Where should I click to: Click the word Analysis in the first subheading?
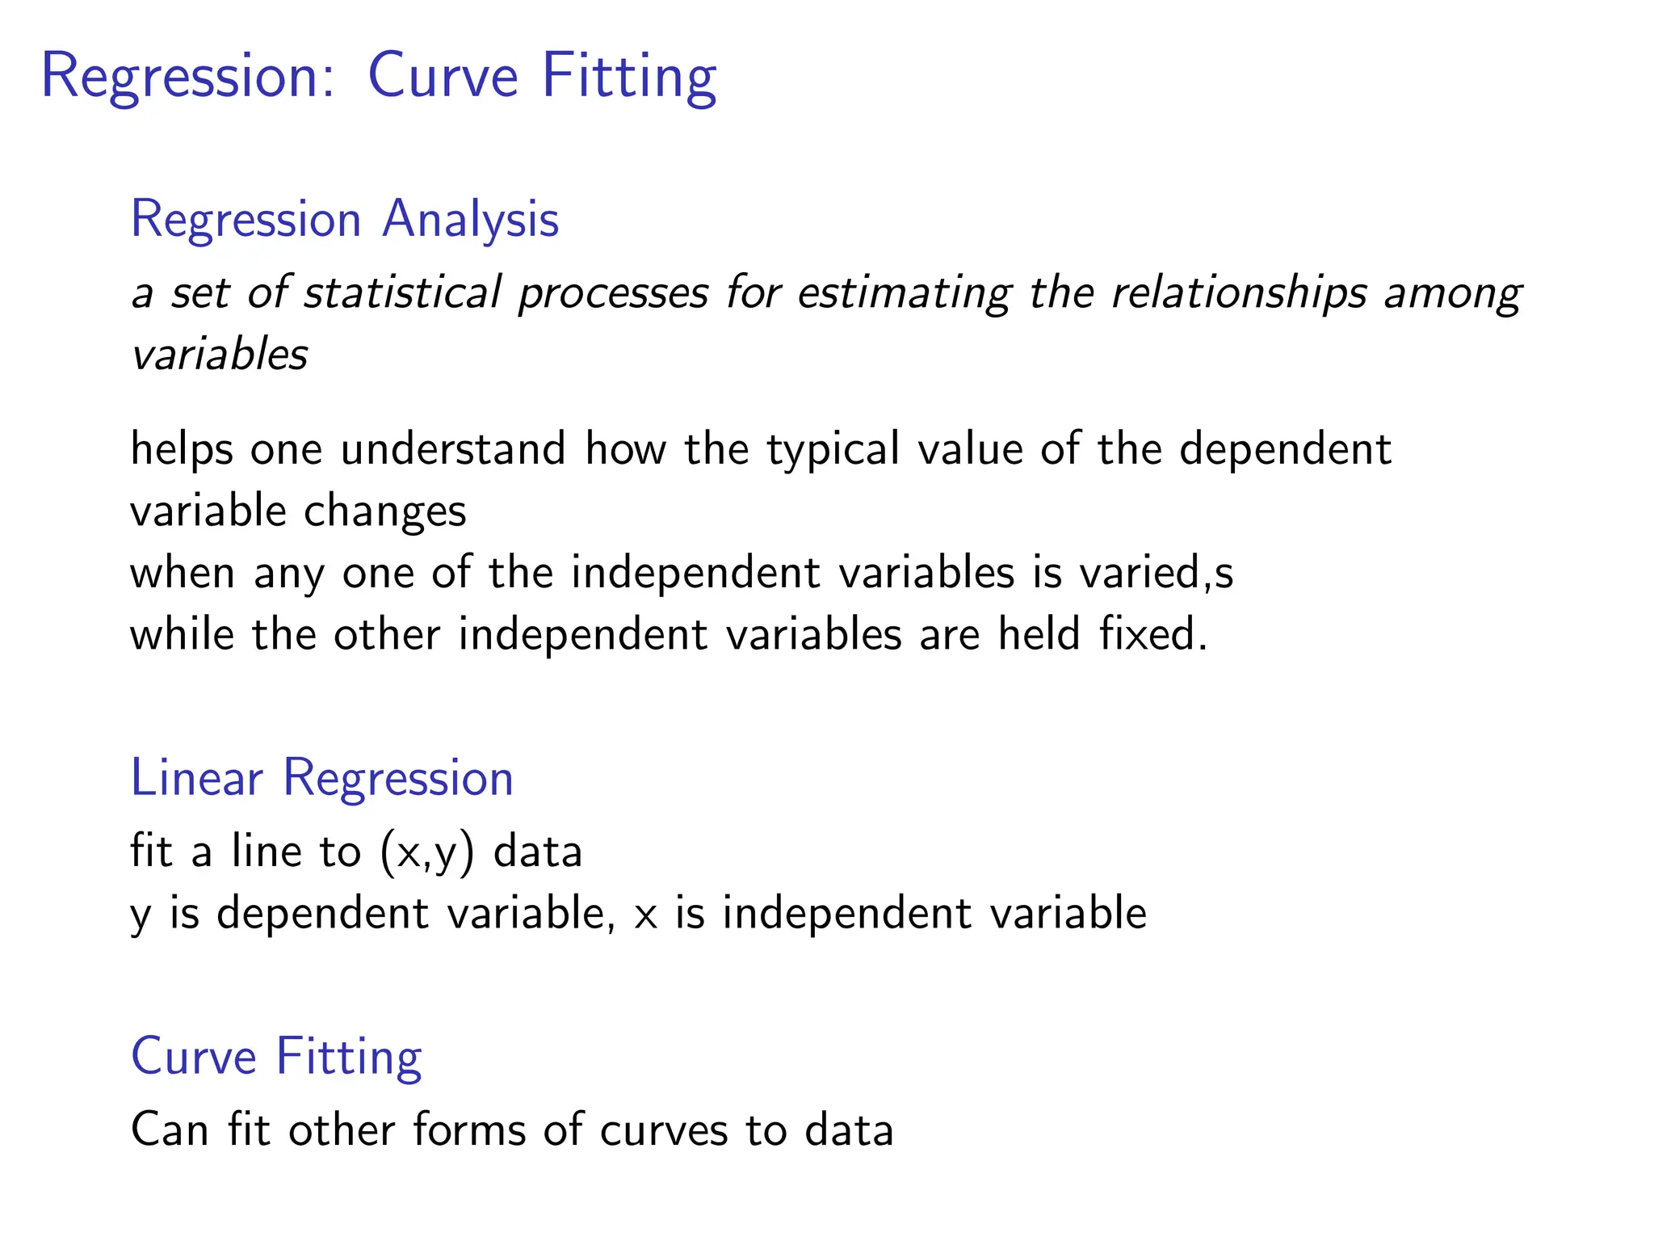[470, 220]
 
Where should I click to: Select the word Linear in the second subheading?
[197, 778]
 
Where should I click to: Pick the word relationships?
[1239, 292]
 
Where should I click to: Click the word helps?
[182, 449]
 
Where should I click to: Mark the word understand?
[453, 449]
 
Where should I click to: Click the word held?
[1039, 634]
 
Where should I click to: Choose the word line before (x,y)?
[266, 852]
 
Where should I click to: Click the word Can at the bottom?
[170, 1130]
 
